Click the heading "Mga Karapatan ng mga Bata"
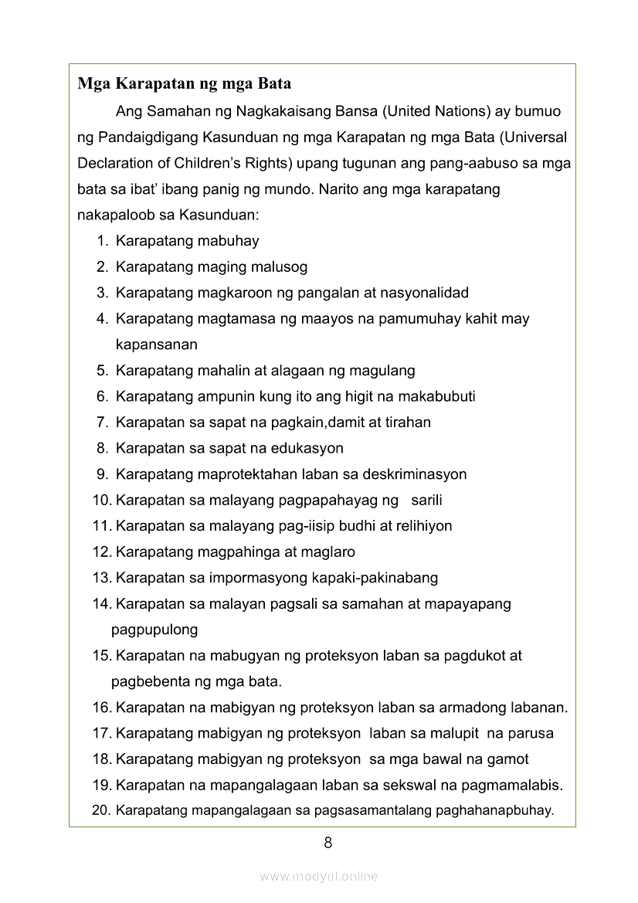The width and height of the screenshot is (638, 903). (184, 83)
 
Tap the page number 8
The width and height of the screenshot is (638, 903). (328, 843)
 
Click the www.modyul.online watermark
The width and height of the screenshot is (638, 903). (319, 876)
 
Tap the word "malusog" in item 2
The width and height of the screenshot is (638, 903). (279, 267)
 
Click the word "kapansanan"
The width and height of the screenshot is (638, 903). (157, 345)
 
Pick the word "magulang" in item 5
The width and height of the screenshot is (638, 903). (382, 371)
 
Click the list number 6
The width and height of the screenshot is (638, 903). (101, 396)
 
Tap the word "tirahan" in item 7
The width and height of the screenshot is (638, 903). (406, 423)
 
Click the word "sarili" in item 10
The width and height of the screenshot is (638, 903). (426, 500)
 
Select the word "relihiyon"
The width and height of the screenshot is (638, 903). (424, 526)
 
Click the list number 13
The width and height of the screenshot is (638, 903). (101, 578)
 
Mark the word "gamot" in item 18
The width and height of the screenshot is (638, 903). (508, 759)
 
